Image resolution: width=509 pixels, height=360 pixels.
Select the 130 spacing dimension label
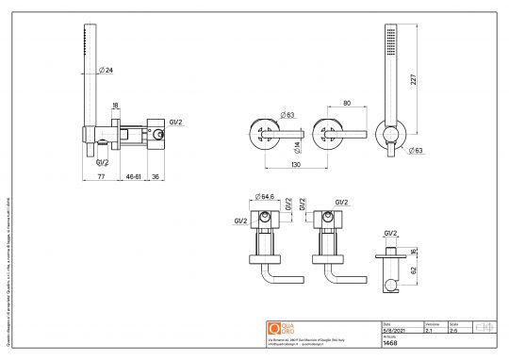(x=296, y=164)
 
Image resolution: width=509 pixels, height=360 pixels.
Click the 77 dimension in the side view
(x=101, y=175)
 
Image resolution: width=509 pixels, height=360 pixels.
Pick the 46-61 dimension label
(x=136, y=175)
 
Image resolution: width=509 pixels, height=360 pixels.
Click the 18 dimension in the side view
(x=115, y=106)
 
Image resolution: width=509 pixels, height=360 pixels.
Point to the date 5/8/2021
(x=393, y=331)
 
